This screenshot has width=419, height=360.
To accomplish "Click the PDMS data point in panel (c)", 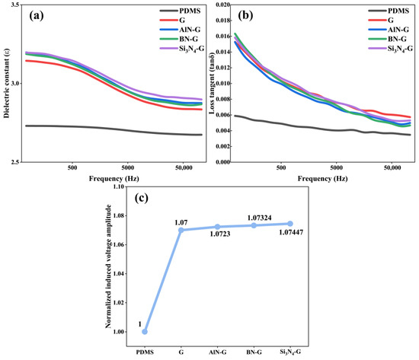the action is tap(145, 332).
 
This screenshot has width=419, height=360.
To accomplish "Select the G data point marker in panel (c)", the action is tap(181, 230).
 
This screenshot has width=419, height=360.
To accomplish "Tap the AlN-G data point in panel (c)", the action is tap(218, 227).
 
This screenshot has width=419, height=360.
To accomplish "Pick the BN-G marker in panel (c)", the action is tap(254, 226).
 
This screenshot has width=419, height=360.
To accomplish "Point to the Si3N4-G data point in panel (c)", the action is tap(290, 224).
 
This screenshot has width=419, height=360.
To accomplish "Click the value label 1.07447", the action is tap(291, 233).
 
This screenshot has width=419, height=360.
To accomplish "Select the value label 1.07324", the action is tap(260, 218).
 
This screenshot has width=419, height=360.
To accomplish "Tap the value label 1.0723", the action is tap(220, 234).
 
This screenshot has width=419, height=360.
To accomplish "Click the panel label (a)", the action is tap(37, 16).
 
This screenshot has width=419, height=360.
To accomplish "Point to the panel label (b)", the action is tap(245, 16).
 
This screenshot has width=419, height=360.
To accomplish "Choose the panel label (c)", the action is tap(142, 198).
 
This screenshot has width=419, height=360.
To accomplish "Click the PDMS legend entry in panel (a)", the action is tap(180, 11).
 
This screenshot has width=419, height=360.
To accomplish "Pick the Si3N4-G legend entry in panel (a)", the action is tap(182, 49).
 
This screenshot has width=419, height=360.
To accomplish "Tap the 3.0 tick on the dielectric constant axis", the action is tap(16, 83).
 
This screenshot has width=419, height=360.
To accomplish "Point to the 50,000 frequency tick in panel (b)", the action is tap(392, 167).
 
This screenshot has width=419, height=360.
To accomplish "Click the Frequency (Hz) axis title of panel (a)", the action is tap(114, 178).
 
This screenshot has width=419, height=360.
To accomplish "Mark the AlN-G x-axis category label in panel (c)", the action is tap(218, 352).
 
